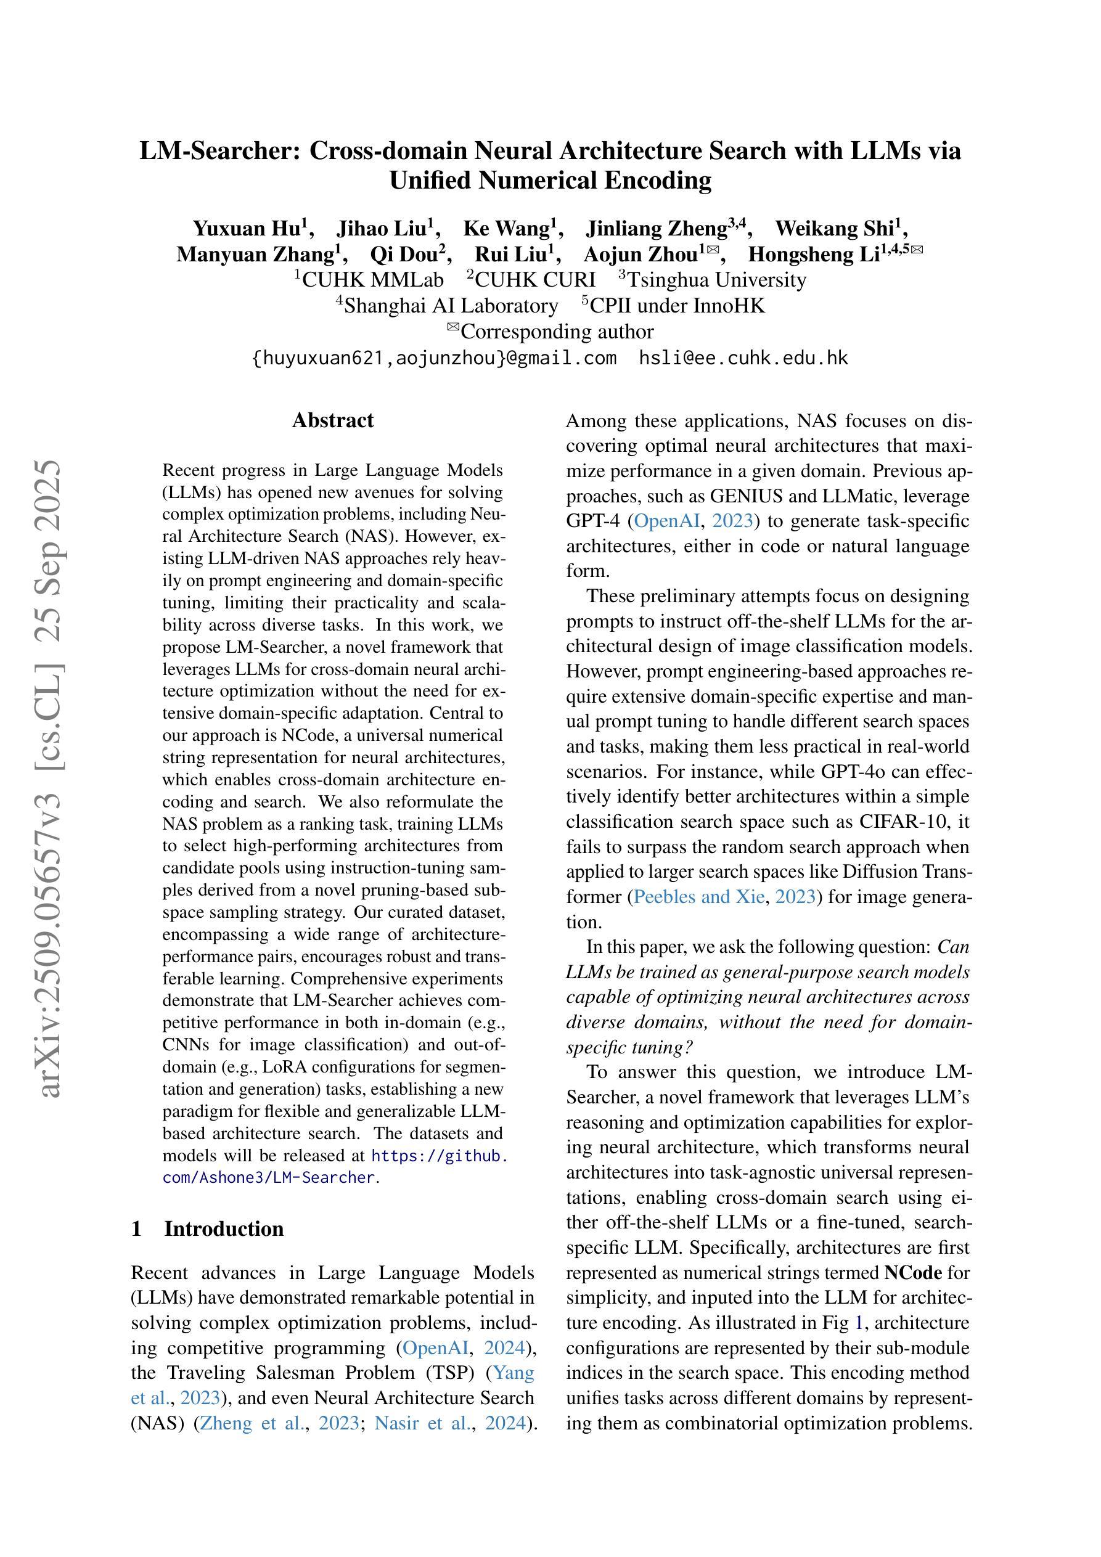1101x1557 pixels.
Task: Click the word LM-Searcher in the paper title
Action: tap(219, 150)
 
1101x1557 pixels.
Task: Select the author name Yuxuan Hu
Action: tap(248, 229)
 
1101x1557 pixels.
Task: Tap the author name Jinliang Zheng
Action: tap(657, 229)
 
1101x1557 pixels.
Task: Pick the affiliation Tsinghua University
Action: tap(716, 280)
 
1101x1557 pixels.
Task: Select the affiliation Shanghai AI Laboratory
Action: tap(451, 306)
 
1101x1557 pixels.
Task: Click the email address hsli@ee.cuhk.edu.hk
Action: tap(743, 358)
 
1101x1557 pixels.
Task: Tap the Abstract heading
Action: tap(332, 420)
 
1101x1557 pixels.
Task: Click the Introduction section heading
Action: tap(223, 1229)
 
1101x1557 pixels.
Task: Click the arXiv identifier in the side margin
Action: tap(51, 780)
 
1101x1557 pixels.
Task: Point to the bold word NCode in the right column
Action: tap(912, 1273)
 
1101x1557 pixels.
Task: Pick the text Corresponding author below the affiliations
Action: tap(556, 332)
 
